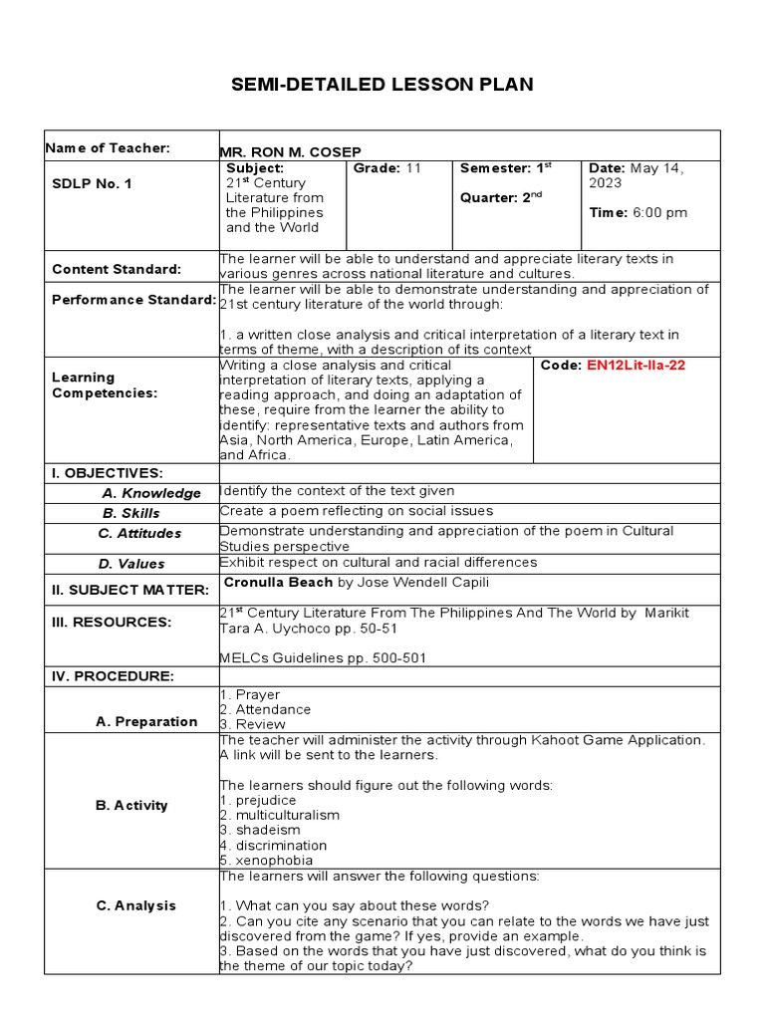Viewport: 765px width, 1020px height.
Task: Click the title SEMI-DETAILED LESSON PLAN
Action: coord(382,85)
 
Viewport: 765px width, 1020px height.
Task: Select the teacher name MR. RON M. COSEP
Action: coord(290,151)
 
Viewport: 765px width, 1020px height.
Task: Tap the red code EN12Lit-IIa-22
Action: coord(636,366)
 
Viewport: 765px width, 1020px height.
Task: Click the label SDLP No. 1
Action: coord(92,183)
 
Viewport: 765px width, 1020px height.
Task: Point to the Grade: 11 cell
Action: coord(387,168)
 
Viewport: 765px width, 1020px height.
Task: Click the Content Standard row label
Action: coord(117,269)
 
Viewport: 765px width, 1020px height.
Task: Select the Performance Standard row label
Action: coord(133,299)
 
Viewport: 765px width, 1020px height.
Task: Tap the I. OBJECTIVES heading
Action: coord(108,472)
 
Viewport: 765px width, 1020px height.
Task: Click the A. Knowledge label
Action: coord(150,493)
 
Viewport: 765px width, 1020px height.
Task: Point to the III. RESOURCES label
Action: coord(112,623)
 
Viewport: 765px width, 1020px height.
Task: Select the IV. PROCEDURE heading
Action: coord(113,676)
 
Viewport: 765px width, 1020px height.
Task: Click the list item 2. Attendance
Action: coord(266,709)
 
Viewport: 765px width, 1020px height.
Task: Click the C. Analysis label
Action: coord(135,905)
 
